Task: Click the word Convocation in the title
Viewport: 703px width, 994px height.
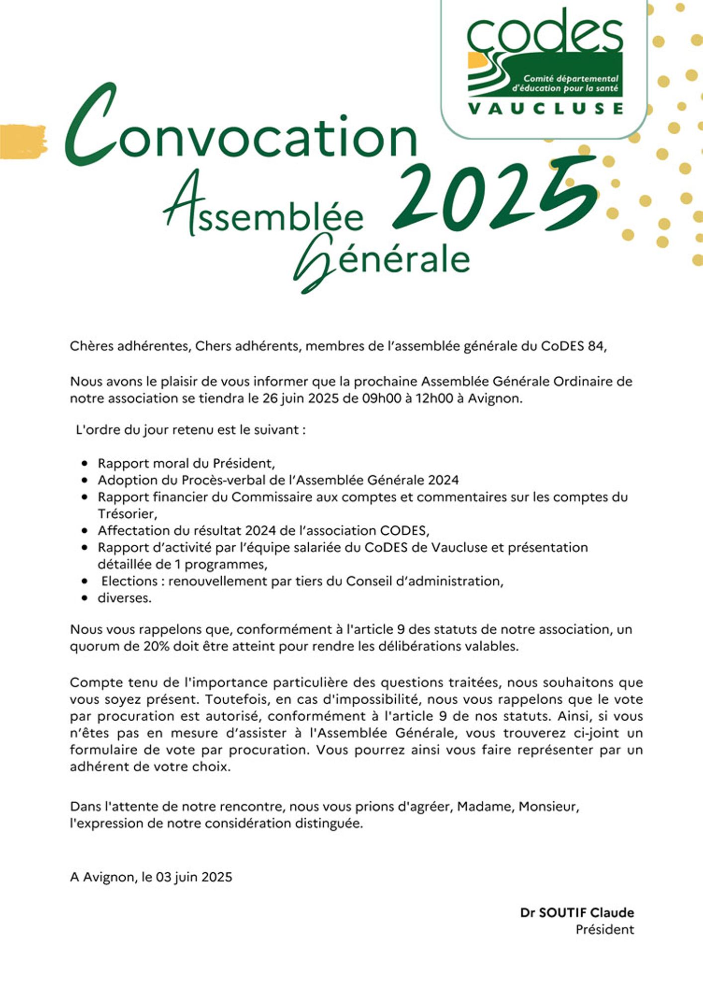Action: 241,134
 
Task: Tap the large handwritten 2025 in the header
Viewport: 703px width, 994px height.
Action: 495,196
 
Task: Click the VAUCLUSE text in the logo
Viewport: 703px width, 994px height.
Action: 545,108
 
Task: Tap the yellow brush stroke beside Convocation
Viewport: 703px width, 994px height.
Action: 23,142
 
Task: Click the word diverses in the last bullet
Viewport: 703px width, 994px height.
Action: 124,598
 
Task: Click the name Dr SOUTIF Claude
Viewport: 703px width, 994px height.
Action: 577,912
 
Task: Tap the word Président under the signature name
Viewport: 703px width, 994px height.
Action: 605,929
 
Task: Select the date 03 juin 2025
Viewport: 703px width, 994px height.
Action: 193,877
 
